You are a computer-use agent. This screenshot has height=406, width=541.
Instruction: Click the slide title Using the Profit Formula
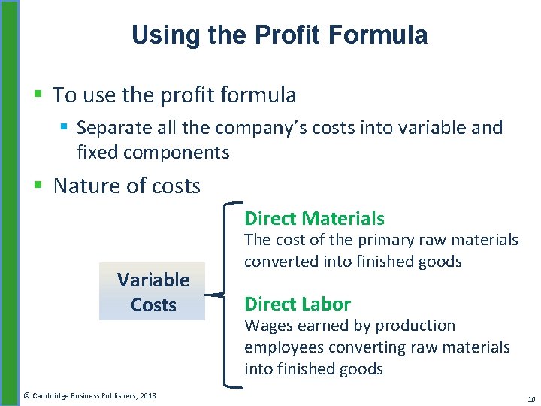pyautogui.click(x=279, y=35)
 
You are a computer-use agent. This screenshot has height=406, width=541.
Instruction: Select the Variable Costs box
pyautogui.click(x=153, y=292)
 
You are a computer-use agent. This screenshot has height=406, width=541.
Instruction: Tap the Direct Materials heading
pyautogui.click(x=314, y=219)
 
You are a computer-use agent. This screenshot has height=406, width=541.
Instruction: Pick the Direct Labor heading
pyautogui.click(x=297, y=304)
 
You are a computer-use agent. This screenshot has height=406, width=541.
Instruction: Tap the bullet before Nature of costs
pyautogui.click(x=39, y=186)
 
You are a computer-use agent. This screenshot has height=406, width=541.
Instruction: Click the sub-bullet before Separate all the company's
pyautogui.click(x=65, y=128)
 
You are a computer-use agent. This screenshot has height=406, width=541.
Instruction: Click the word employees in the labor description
pyautogui.click(x=283, y=347)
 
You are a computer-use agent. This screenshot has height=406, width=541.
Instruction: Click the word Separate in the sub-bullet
pyautogui.click(x=108, y=128)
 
